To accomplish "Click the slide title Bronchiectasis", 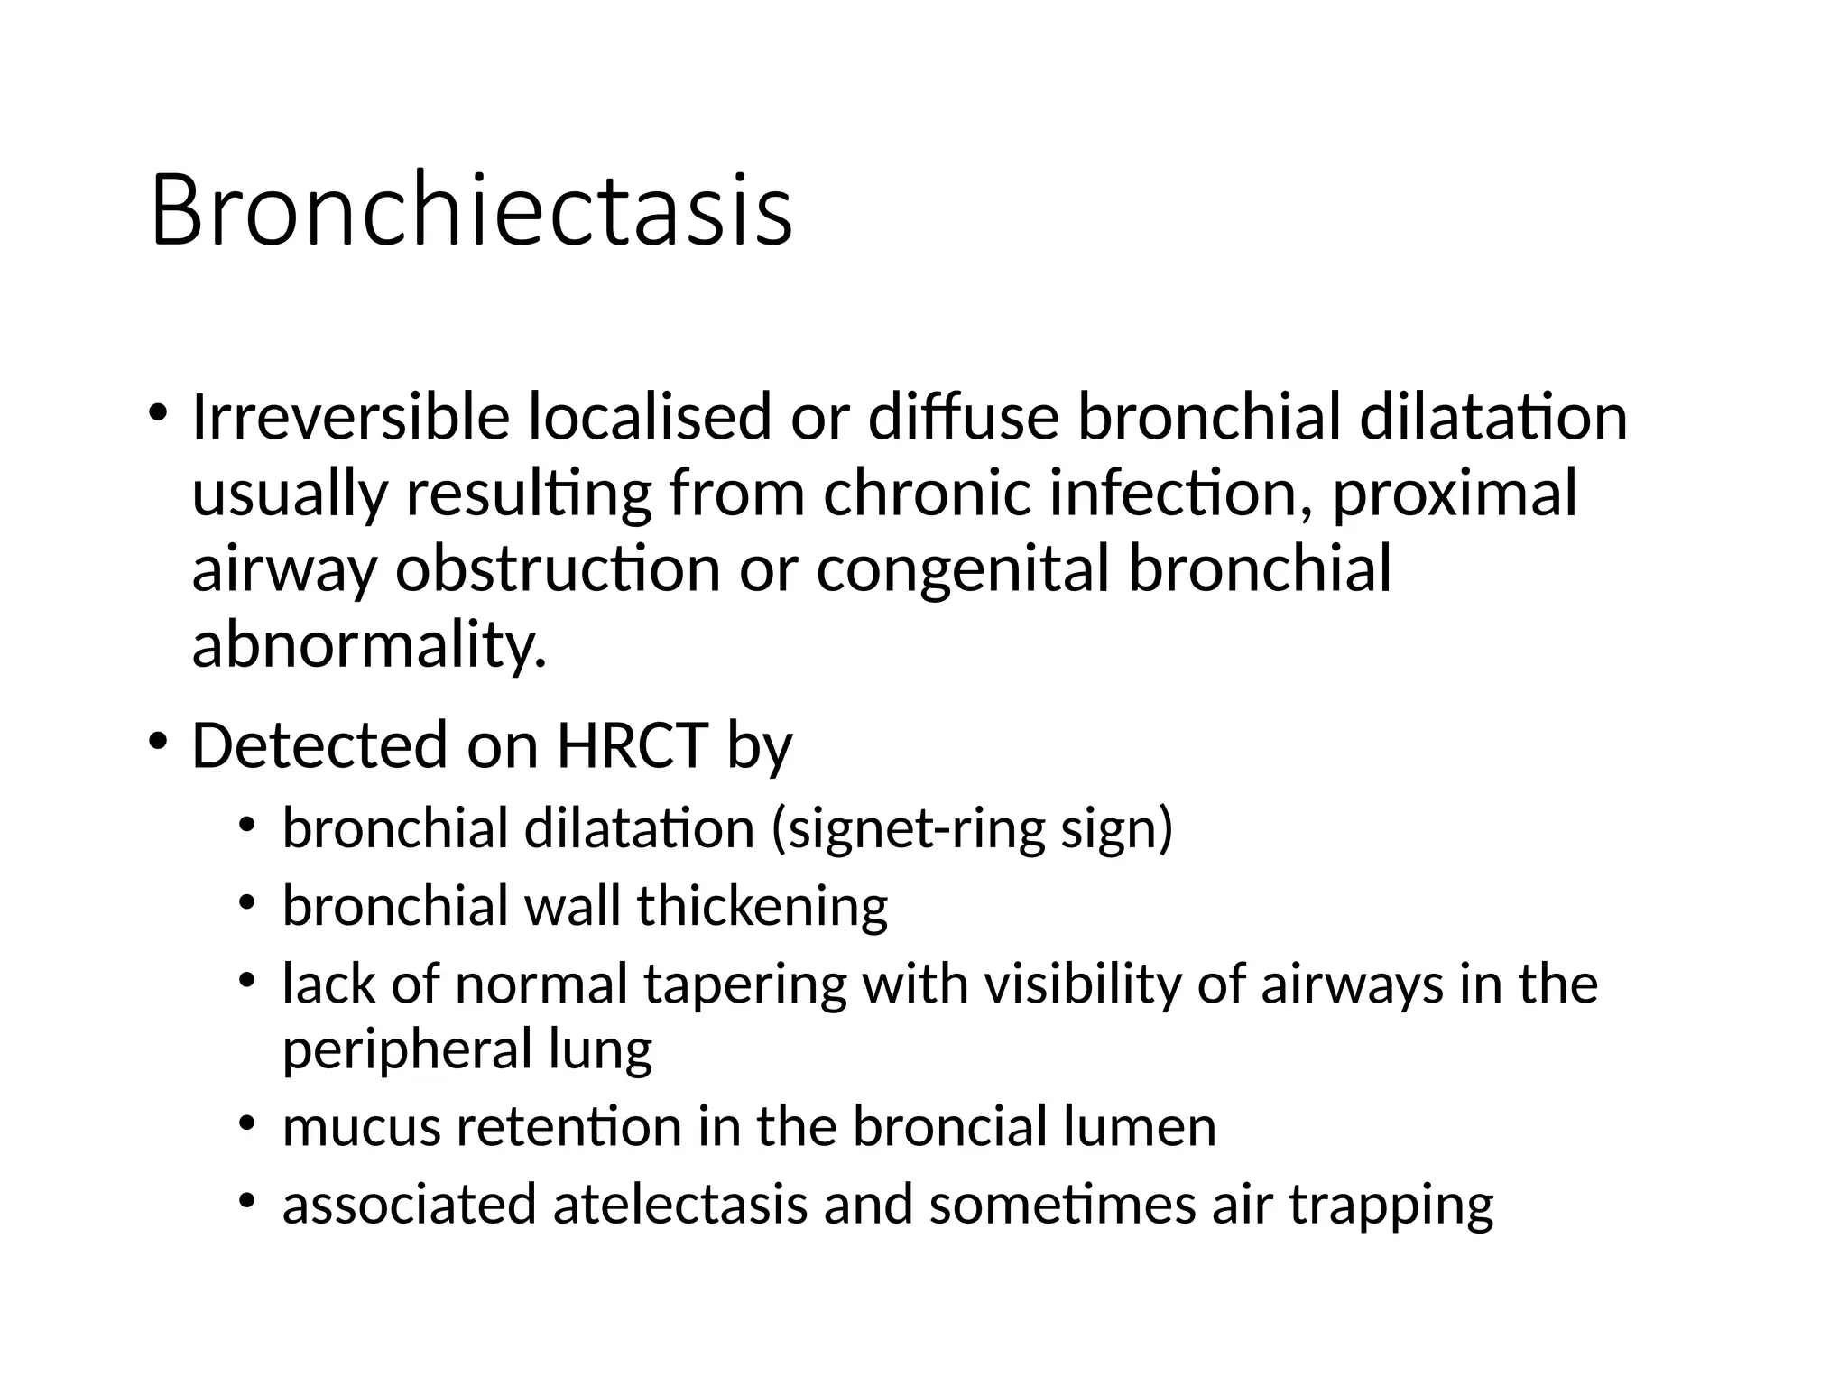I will point(471,211).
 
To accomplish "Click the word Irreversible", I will point(350,418).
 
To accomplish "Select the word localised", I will point(651,418).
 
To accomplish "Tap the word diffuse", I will point(963,418).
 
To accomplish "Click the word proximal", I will point(1455,495).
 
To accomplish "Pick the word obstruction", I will point(558,569).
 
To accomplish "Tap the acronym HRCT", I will point(632,745).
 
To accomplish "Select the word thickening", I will point(762,906).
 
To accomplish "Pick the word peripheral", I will point(408,1050).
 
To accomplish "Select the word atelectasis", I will point(679,1205).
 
